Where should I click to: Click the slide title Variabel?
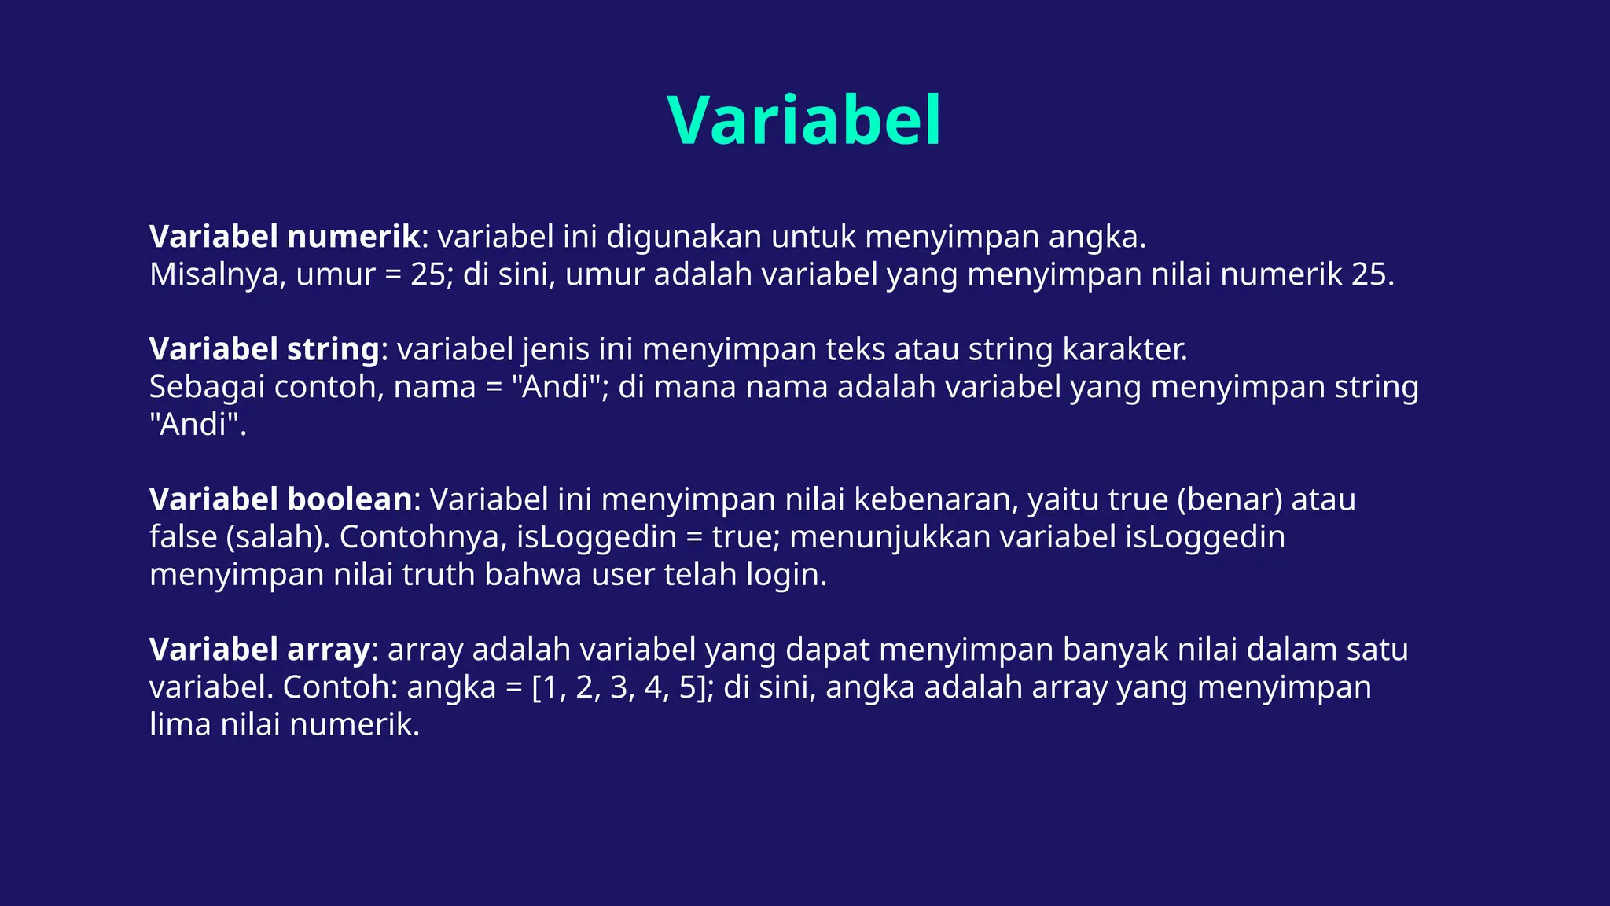tap(804, 120)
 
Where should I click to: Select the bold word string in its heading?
tap(333, 349)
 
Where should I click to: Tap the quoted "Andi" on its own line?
tap(197, 425)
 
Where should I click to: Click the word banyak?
tap(1116, 650)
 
